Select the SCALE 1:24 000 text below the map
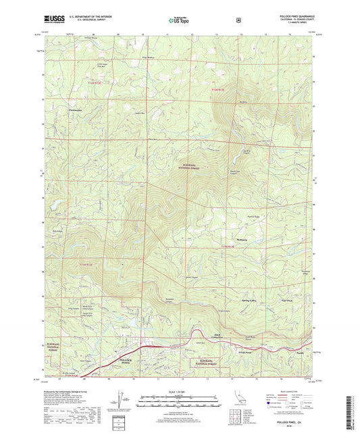tap(179, 391)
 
